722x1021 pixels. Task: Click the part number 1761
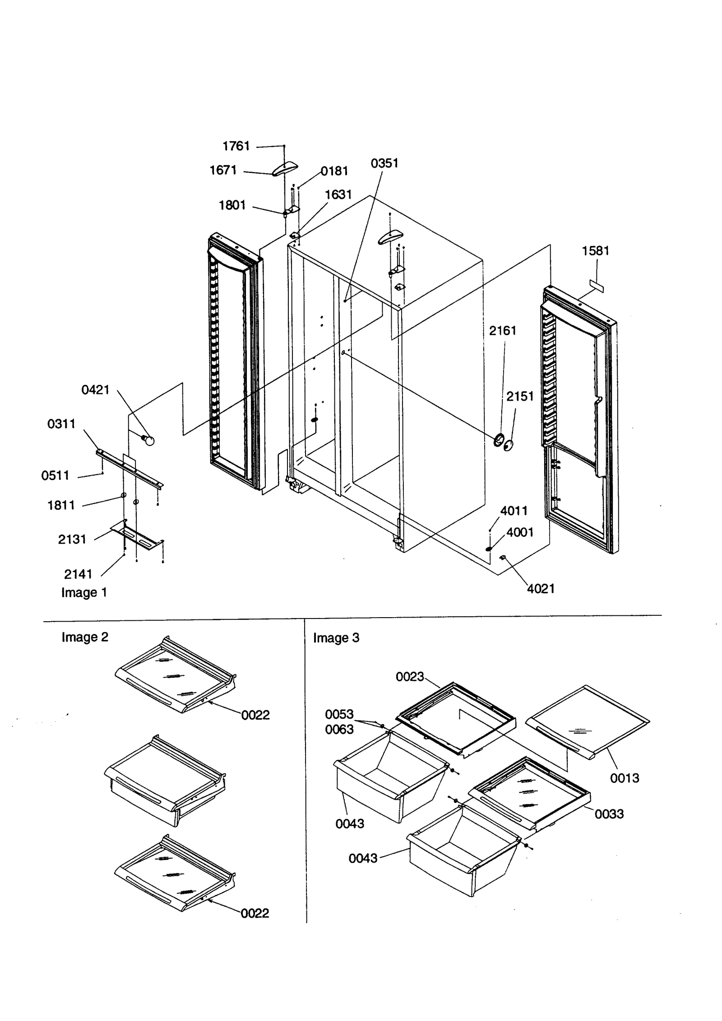tap(236, 146)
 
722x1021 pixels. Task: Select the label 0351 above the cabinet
tap(384, 164)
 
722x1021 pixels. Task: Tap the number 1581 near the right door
tap(595, 251)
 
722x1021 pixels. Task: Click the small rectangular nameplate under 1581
tap(596, 286)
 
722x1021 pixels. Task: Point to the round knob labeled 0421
tap(148, 439)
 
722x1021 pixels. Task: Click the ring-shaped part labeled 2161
tap(499, 439)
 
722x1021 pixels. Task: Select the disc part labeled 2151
tap(509, 445)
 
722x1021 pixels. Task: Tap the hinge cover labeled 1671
tap(284, 169)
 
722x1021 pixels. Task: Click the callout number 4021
tap(541, 589)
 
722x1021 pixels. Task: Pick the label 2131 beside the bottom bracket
tap(72, 539)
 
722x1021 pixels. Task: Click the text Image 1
tap(84, 592)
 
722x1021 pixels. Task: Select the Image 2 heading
tap(85, 637)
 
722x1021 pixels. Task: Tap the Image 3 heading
tap(336, 638)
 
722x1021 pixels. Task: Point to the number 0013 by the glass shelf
tap(625, 778)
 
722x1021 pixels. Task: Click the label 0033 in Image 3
tap(609, 814)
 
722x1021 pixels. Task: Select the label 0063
tap(339, 730)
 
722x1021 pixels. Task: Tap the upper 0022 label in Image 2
tap(255, 715)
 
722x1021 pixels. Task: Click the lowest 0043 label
tap(363, 858)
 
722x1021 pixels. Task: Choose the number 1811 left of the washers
tap(61, 505)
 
